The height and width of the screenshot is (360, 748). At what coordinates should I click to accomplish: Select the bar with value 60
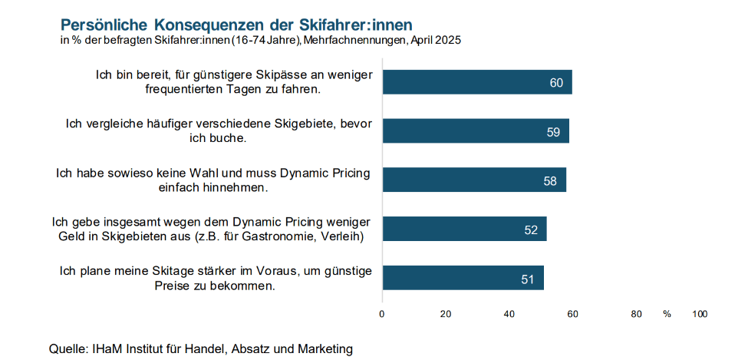(x=477, y=82)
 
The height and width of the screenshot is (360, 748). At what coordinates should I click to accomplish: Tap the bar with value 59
(x=476, y=131)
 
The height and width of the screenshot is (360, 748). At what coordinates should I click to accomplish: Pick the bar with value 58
(x=474, y=180)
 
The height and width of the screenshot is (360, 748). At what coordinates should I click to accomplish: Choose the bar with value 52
(x=464, y=229)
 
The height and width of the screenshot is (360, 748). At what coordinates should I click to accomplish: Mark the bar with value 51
(x=463, y=278)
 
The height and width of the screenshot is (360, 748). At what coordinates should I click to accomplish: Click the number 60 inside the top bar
(x=557, y=83)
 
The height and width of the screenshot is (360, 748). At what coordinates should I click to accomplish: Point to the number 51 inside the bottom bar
(x=528, y=279)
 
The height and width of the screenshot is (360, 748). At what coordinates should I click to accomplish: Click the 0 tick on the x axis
(x=382, y=314)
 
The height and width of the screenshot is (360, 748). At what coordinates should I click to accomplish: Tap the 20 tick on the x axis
(x=446, y=314)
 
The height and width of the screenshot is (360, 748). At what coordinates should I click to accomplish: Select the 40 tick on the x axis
(x=509, y=314)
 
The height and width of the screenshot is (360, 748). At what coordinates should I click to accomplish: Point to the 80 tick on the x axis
(x=636, y=314)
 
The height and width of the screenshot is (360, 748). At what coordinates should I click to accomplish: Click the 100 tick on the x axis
(x=700, y=314)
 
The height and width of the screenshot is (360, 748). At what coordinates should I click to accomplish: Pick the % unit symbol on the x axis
(x=667, y=314)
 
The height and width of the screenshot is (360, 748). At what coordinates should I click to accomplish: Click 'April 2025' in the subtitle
(x=436, y=39)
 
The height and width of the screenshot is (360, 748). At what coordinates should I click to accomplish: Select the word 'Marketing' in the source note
(x=326, y=348)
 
